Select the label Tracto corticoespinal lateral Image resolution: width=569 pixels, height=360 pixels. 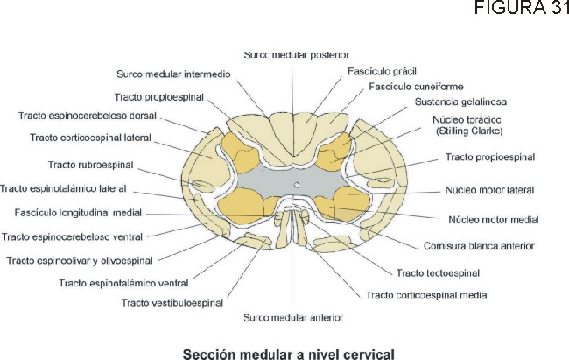pos(89,138)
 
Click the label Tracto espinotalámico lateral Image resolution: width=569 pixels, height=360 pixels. pos(64,188)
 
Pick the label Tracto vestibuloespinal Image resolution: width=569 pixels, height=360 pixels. pos(172,303)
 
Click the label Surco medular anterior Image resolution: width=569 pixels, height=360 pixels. pos(293,316)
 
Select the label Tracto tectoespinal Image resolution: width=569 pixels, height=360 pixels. pos(438,273)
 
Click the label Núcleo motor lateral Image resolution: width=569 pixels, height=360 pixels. pos(489,189)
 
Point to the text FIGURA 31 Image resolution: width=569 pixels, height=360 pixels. pos(522,10)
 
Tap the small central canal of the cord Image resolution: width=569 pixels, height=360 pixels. pos(297,184)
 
